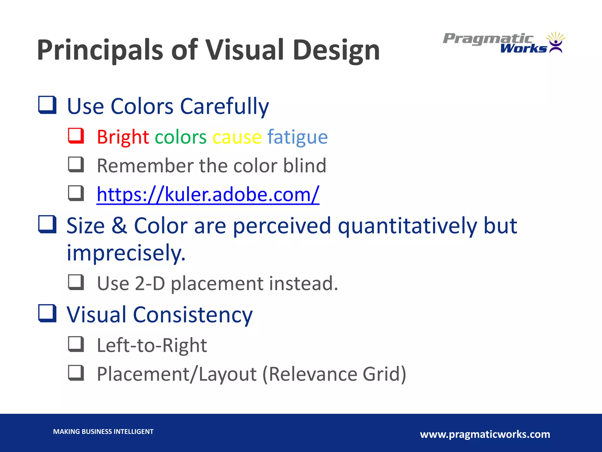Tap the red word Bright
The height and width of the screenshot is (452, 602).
123,137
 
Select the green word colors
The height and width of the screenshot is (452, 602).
180,137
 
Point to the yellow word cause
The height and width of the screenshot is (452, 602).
237,137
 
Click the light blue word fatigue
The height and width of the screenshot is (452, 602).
297,137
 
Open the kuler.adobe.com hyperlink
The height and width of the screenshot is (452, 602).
208,195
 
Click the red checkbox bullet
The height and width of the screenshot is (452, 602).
76,136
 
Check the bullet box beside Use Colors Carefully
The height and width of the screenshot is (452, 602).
47,105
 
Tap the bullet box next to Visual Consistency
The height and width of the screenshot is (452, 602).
47,313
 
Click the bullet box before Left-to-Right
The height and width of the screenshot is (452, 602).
76,344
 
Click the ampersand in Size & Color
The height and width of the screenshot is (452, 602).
119,226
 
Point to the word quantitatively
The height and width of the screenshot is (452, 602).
407,226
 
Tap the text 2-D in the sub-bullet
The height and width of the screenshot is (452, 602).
150,283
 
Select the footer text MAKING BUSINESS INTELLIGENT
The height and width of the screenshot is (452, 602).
103,432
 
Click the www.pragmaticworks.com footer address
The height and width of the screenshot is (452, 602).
485,434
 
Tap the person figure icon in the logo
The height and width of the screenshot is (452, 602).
556,46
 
